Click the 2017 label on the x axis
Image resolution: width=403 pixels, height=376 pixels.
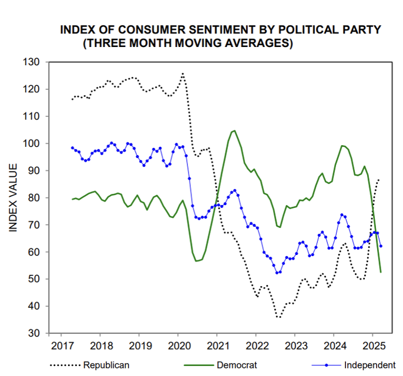(x=62, y=344)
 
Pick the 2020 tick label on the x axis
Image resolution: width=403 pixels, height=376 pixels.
(x=179, y=344)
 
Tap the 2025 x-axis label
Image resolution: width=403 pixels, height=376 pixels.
(x=374, y=344)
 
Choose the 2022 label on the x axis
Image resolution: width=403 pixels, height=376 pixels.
(x=257, y=344)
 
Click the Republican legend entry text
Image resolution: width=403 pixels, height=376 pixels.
(x=106, y=365)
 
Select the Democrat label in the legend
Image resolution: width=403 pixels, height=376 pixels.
(x=237, y=365)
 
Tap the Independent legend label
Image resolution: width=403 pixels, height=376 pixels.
(x=370, y=365)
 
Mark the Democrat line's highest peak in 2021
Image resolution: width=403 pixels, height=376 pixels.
(x=234, y=130)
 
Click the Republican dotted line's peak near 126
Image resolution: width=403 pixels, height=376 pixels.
(x=183, y=73)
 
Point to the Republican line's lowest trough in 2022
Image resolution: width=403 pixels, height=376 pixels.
(x=278, y=318)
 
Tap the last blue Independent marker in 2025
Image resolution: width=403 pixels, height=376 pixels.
(x=381, y=246)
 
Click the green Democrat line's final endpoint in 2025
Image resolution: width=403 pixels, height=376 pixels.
(x=381, y=272)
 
